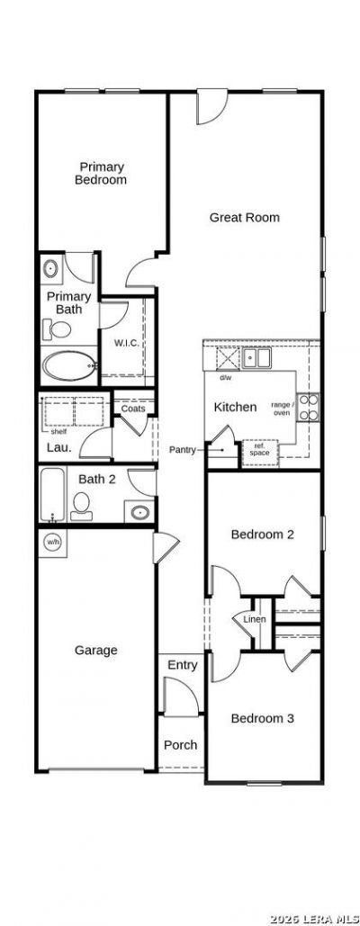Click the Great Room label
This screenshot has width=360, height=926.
pyautogui.click(x=244, y=218)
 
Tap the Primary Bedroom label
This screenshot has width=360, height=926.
pyautogui.click(x=101, y=173)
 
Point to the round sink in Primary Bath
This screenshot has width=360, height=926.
pyautogui.click(x=51, y=270)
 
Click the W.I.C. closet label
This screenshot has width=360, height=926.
pyautogui.click(x=126, y=343)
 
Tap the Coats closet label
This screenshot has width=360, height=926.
pyautogui.click(x=133, y=408)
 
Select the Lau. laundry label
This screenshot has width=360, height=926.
pyautogui.click(x=59, y=447)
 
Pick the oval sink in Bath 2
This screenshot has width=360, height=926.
pyautogui.click(x=139, y=511)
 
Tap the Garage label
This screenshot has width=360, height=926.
pyautogui.click(x=95, y=651)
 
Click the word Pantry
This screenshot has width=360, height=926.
pyautogui.click(x=183, y=450)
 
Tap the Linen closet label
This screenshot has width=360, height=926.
pyautogui.click(x=255, y=619)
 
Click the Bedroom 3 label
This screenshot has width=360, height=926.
pyautogui.click(x=262, y=719)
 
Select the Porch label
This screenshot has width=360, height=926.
pyautogui.click(x=181, y=745)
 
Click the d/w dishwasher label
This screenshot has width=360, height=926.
pyautogui.click(x=225, y=377)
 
